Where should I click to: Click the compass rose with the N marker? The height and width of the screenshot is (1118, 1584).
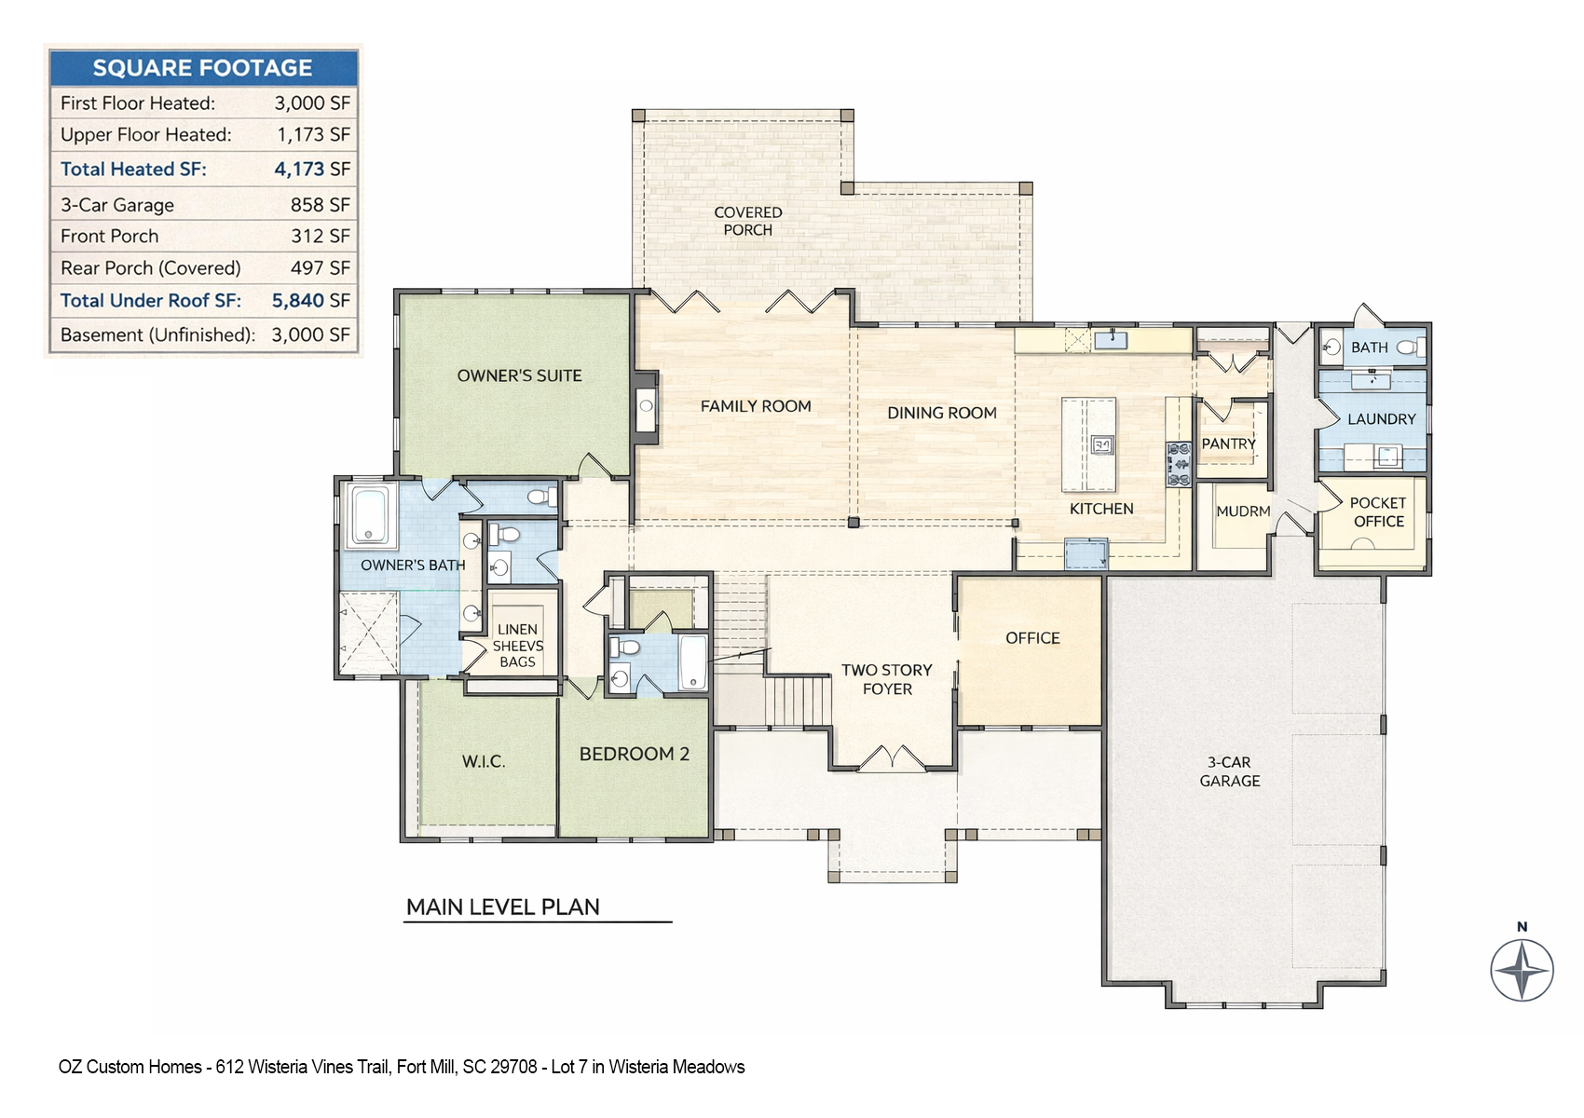pyautogui.click(x=1522, y=970)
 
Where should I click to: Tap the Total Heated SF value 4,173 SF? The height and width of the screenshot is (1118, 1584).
pyautogui.click(x=311, y=170)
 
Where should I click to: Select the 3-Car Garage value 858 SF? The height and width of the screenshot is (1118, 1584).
pyautogui.click(x=320, y=205)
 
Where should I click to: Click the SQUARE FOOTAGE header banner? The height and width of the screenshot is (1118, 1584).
pyautogui.click(x=203, y=68)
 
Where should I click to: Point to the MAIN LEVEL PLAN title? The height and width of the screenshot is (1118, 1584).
pyautogui.click(x=503, y=907)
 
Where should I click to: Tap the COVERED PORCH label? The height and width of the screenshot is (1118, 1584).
pyautogui.click(x=748, y=222)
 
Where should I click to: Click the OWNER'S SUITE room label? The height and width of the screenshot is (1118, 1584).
pyautogui.click(x=519, y=376)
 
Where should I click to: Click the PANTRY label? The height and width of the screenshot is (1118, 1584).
pyautogui.click(x=1228, y=444)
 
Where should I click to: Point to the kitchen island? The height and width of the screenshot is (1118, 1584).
pyautogui.click(x=1089, y=444)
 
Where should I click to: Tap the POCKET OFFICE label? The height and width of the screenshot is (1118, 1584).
pyautogui.click(x=1378, y=512)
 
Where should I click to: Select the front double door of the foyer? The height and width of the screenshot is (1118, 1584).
pyautogui.click(x=892, y=758)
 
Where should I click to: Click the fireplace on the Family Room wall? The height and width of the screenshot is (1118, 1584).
pyautogui.click(x=646, y=405)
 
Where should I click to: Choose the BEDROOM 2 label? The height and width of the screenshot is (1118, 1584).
pyautogui.click(x=634, y=755)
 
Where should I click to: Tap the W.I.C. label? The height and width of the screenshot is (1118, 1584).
pyautogui.click(x=484, y=762)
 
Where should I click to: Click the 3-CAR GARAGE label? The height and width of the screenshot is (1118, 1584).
pyautogui.click(x=1230, y=771)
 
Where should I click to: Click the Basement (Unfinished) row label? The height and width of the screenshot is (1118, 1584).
pyautogui.click(x=157, y=335)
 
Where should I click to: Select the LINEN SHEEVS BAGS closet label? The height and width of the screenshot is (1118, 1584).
pyautogui.click(x=517, y=646)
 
